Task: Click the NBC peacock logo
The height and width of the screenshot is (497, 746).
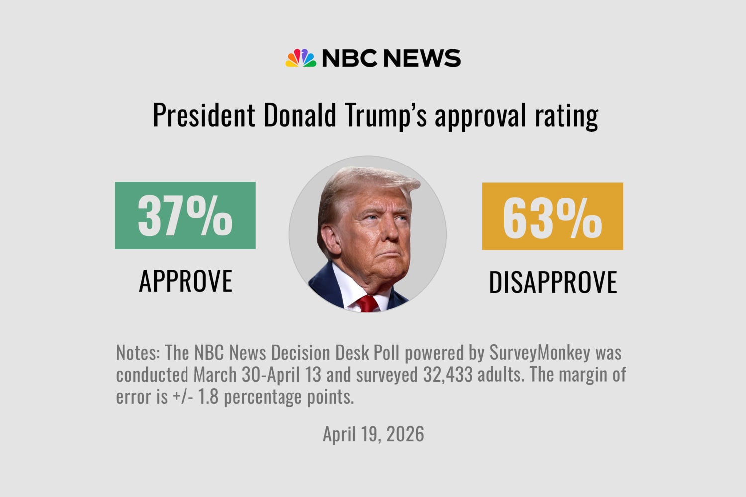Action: pos(301,58)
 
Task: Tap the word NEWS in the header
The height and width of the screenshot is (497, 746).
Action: pos(422,58)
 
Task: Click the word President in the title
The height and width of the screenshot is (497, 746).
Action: pos(203,115)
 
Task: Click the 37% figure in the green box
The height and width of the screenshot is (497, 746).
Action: pos(185,216)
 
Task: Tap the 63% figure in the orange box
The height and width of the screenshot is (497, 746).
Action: pos(553,217)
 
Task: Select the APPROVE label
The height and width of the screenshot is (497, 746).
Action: pos(186,281)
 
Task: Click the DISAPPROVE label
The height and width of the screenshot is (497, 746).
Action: pos(553,282)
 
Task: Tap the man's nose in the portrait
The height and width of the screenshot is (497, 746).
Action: pos(390,230)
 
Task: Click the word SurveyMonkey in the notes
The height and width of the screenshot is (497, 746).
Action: pos(540,353)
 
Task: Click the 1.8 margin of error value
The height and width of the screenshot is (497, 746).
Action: pos(208,397)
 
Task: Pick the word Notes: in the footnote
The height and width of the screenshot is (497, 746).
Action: pos(138,353)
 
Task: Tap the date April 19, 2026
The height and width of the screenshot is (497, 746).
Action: pos(373,434)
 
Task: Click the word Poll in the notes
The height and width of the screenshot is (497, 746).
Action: pos(386,353)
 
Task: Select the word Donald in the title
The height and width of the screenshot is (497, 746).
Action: pos(299,115)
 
